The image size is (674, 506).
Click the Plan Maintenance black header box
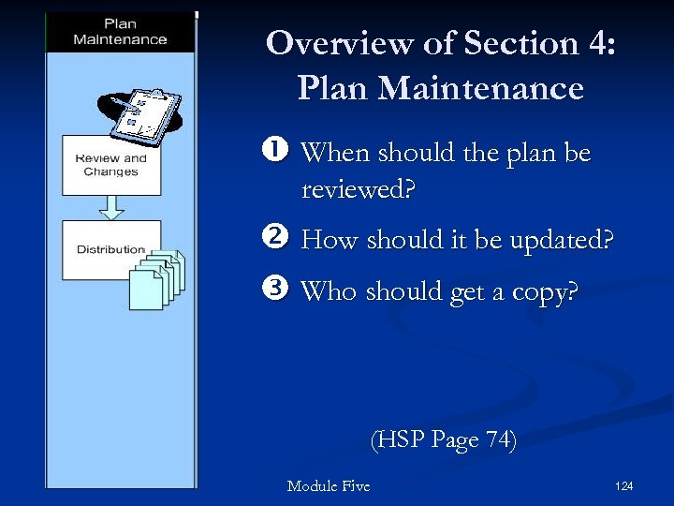tap(120, 32)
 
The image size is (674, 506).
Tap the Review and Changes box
tap(110, 165)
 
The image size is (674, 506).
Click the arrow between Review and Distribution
tap(110, 207)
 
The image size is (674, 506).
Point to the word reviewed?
tap(358, 189)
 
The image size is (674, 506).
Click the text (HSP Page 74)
tap(443, 439)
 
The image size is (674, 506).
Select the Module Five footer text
tap(328, 485)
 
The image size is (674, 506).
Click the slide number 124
tap(624, 485)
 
